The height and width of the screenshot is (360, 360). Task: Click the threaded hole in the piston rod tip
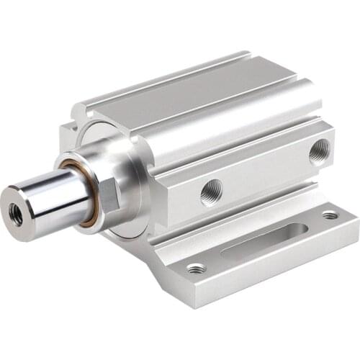17,214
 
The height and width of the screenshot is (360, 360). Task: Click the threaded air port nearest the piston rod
211,192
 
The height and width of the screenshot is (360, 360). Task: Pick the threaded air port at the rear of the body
319,152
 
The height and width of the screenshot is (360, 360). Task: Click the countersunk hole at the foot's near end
196,269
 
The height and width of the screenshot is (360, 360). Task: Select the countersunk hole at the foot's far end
330,215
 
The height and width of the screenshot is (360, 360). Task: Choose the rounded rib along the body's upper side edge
238,108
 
